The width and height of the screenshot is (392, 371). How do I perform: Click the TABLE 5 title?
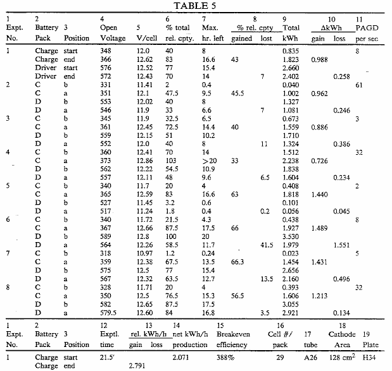196,6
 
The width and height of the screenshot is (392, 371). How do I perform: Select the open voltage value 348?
106,50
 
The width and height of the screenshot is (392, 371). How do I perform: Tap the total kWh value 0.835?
291,50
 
